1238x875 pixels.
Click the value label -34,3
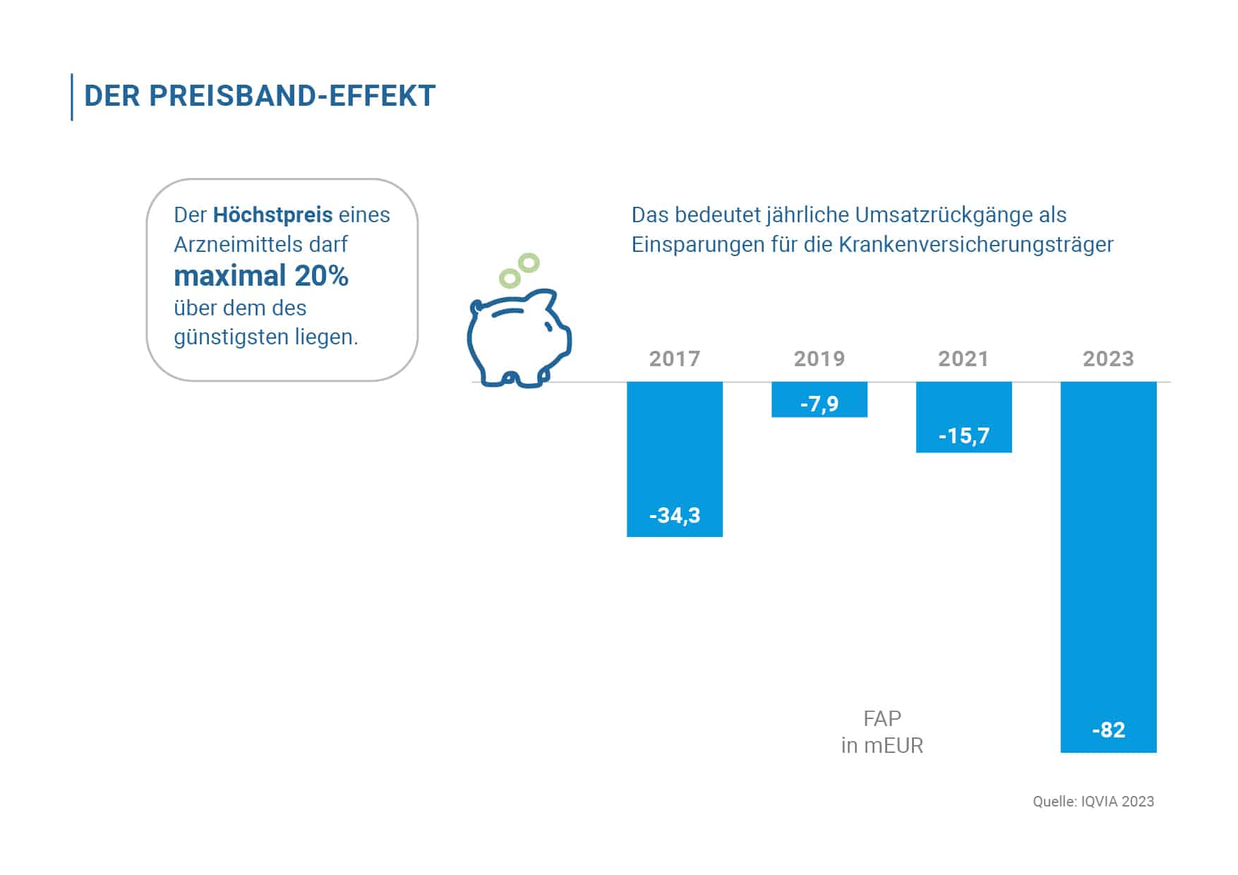(x=675, y=516)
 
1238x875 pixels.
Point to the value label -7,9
(x=819, y=404)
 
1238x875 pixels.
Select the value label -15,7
(x=963, y=436)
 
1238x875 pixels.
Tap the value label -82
(x=1108, y=730)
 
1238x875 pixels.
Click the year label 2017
(x=675, y=358)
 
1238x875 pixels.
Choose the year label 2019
(x=819, y=358)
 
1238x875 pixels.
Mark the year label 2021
(x=963, y=358)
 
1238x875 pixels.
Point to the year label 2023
(x=1108, y=358)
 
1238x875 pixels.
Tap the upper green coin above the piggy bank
(x=528, y=263)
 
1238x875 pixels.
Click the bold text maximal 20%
(x=261, y=276)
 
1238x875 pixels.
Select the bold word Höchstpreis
(x=272, y=215)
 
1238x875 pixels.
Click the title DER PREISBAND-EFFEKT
(x=260, y=96)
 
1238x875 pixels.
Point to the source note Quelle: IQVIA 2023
(x=1093, y=802)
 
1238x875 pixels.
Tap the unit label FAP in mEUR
(x=882, y=732)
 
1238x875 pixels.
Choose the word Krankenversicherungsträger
(x=975, y=245)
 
